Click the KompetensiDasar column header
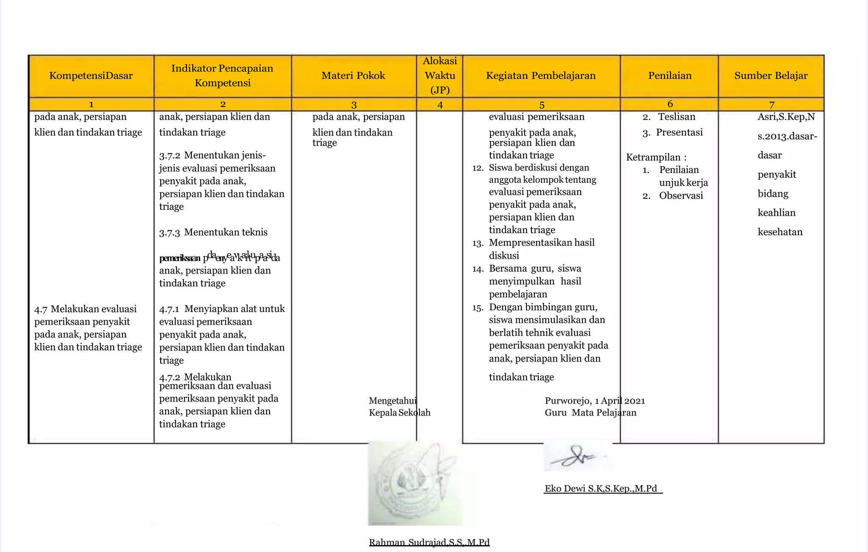click(91, 76)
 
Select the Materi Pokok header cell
click(353, 76)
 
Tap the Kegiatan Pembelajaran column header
click(541, 76)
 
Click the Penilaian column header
click(670, 76)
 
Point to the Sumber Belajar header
click(771, 76)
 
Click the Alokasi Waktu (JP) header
click(440, 75)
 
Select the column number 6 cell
click(670, 104)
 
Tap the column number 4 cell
click(440, 105)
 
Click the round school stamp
click(413, 483)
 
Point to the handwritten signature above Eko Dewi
click(576, 457)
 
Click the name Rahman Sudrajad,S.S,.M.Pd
click(429, 542)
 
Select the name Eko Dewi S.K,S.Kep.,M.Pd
click(601, 488)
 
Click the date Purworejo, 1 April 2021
click(595, 401)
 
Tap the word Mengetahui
click(392, 401)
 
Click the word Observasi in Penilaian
click(681, 195)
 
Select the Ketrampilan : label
click(656, 157)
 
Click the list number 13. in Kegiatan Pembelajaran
click(478, 243)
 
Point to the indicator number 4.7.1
click(169, 309)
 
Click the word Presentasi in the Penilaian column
click(679, 132)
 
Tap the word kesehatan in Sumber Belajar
click(780, 232)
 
